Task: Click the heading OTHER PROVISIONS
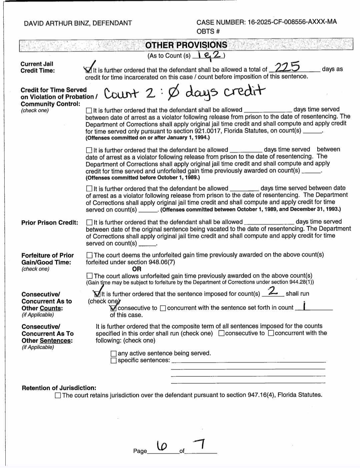click(186, 45)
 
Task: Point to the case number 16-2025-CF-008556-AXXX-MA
click(292, 22)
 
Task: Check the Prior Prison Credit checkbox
click(89, 222)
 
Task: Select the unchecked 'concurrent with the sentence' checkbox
click(163, 308)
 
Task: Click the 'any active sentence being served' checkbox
click(114, 353)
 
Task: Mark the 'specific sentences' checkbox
click(114, 360)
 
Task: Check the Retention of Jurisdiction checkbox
click(58, 395)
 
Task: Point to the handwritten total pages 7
click(200, 444)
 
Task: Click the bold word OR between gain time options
click(137, 269)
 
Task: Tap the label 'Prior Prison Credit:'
click(50, 222)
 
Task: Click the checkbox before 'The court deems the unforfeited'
click(89, 255)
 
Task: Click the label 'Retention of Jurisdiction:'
click(59, 388)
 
